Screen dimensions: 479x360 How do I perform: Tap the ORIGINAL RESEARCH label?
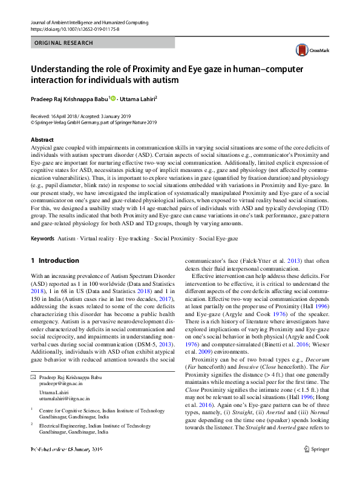pyautogui.click(x=64, y=44)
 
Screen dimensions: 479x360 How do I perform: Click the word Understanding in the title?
pyautogui.click(x=61, y=68)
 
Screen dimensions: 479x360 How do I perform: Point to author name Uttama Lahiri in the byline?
pyautogui.click(x=139, y=97)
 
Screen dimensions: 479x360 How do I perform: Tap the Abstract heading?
pyautogui.click(x=42, y=140)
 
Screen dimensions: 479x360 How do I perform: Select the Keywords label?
pyautogui.click(x=44, y=240)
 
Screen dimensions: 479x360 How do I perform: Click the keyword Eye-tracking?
pyautogui.click(x=135, y=240)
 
